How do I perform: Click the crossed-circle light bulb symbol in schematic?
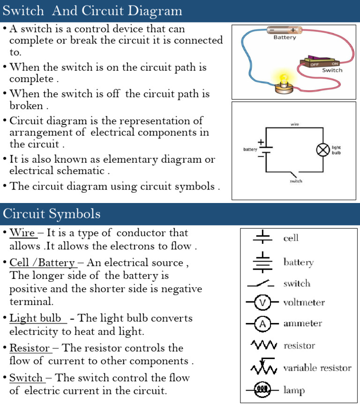tap(322, 150)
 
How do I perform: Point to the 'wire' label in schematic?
tap(295, 124)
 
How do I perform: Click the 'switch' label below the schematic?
tap(296, 181)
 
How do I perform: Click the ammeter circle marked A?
tap(262, 324)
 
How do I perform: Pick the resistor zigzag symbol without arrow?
tap(264, 346)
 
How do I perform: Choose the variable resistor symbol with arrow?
tap(264, 368)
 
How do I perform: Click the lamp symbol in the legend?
tap(262, 390)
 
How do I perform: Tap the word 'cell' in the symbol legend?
tap(291, 238)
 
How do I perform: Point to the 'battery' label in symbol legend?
tap(298, 262)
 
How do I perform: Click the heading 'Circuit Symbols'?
tap(52, 214)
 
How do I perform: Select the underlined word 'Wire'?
tap(22, 233)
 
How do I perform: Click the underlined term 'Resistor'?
tap(30, 348)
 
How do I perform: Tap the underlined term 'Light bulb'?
tap(36, 318)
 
